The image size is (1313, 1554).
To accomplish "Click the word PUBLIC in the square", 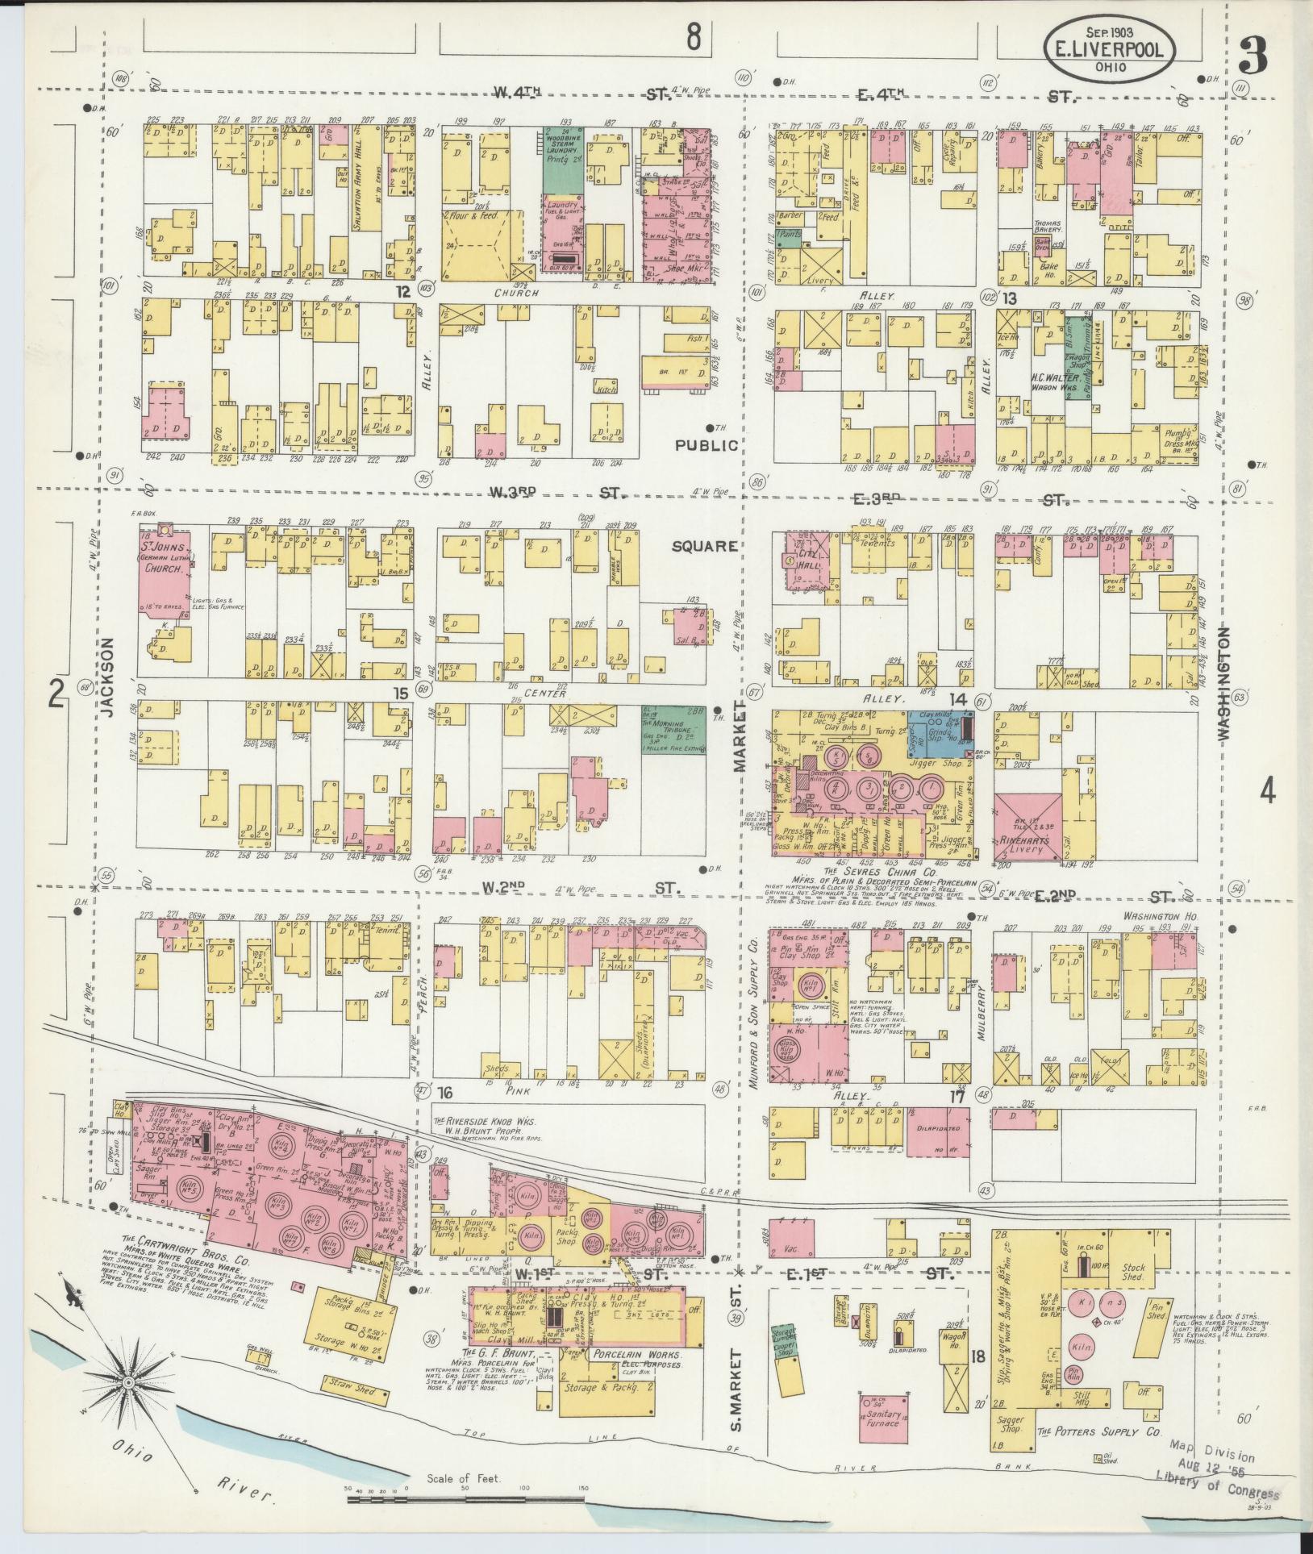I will point(707,445).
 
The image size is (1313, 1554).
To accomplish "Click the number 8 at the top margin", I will point(693,36).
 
